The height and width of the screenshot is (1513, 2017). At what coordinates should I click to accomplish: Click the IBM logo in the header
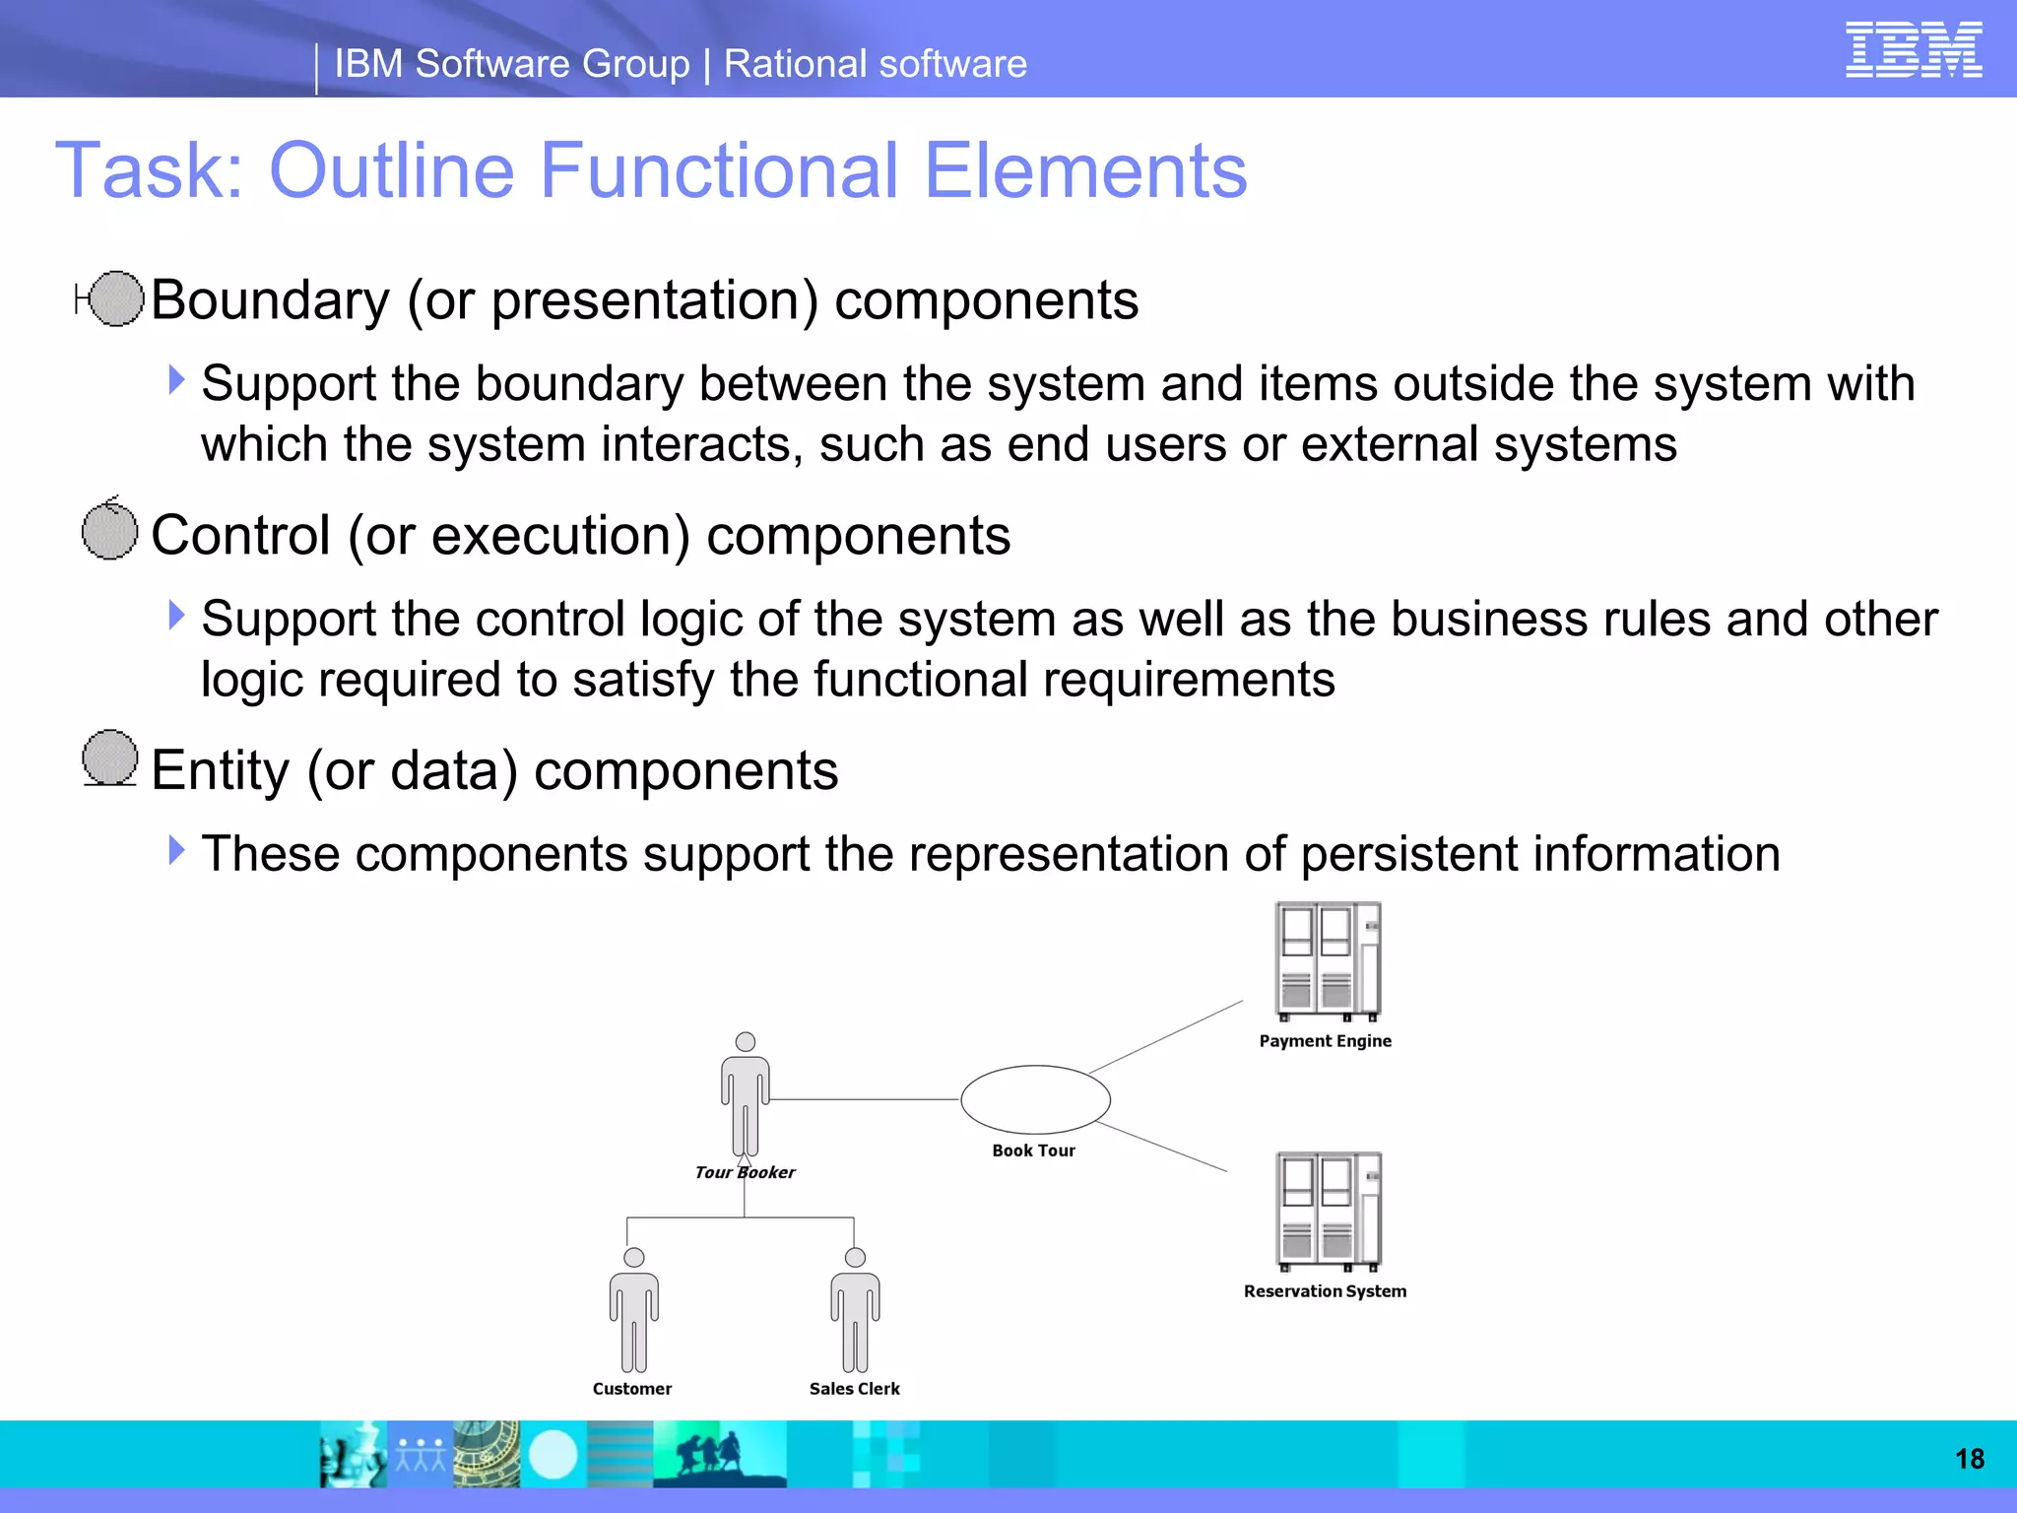coord(1913,50)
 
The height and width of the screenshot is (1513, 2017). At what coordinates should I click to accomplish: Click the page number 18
coord(1969,1459)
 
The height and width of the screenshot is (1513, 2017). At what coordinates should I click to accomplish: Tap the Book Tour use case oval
coord(1035,1099)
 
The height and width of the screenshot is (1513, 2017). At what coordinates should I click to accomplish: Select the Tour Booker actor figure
coord(746,1094)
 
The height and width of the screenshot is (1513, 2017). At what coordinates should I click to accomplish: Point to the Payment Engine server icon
coord(1328,961)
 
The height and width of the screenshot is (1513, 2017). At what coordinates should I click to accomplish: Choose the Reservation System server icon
coord(1328,1212)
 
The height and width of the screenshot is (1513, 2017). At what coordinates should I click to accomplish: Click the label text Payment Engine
coord(1325,1041)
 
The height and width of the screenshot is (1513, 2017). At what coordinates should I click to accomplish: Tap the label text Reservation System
coord(1325,1291)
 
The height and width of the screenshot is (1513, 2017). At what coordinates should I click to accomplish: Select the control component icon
coord(109,530)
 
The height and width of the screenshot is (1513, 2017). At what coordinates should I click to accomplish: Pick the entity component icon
coord(109,758)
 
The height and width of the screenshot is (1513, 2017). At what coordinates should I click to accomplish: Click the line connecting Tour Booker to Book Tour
coord(865,1099)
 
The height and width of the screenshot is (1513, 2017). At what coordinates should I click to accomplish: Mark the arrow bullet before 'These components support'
coord(176,850)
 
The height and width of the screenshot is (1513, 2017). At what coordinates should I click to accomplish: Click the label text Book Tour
coord(1033,1151)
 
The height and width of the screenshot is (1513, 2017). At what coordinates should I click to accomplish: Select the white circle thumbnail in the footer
coord(553,1455)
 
